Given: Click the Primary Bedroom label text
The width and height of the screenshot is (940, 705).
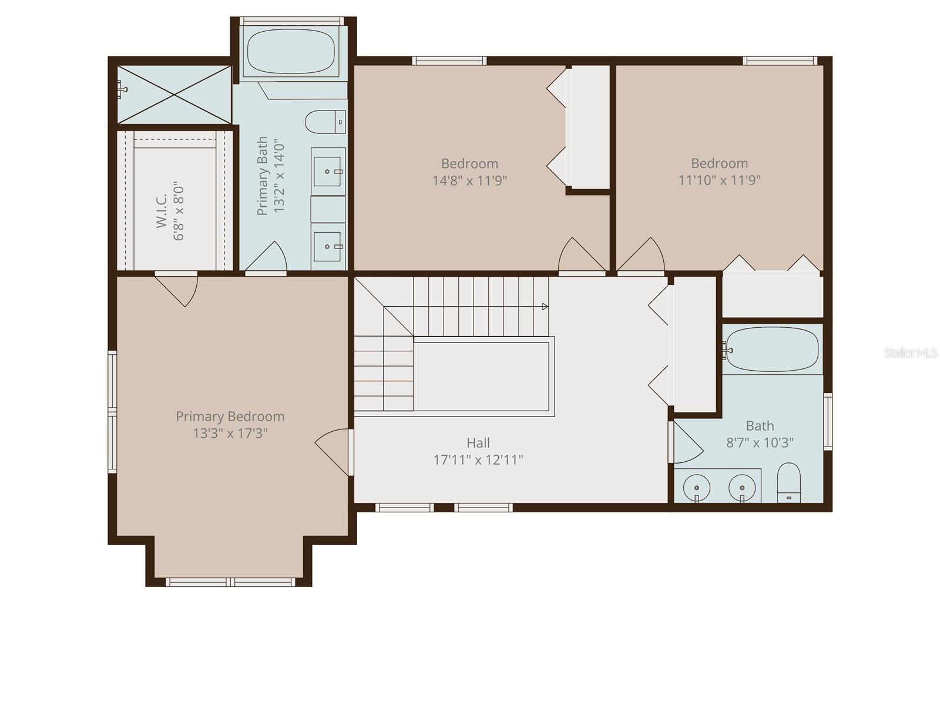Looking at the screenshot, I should point(230,417).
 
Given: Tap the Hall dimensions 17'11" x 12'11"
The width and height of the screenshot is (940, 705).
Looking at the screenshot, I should point(478,460).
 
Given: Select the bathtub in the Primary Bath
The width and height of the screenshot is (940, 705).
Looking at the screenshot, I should point(291,51).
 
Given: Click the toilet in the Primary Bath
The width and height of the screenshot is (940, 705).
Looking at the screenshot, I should point(325,122).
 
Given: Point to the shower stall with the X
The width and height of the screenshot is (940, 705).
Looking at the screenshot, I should point(174,95).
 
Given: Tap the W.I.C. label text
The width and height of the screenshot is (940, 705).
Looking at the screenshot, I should point(162,210).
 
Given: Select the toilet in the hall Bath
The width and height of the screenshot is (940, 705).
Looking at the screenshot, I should point(788,483).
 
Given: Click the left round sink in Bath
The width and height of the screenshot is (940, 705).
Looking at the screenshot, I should point(696,488).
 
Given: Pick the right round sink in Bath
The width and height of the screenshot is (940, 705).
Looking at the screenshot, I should point(742,488).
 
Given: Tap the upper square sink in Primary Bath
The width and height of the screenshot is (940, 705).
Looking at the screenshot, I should point(327,172).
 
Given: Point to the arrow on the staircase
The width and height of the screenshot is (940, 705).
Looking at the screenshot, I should point(545,307).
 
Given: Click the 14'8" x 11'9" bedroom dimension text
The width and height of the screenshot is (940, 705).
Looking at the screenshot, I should point(469,180).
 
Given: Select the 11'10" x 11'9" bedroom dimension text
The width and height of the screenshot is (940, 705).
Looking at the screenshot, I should point(719,180).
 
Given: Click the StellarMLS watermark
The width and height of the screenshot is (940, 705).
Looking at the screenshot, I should point(910,353).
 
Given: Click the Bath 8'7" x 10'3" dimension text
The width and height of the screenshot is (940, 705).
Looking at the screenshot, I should point(760,443).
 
